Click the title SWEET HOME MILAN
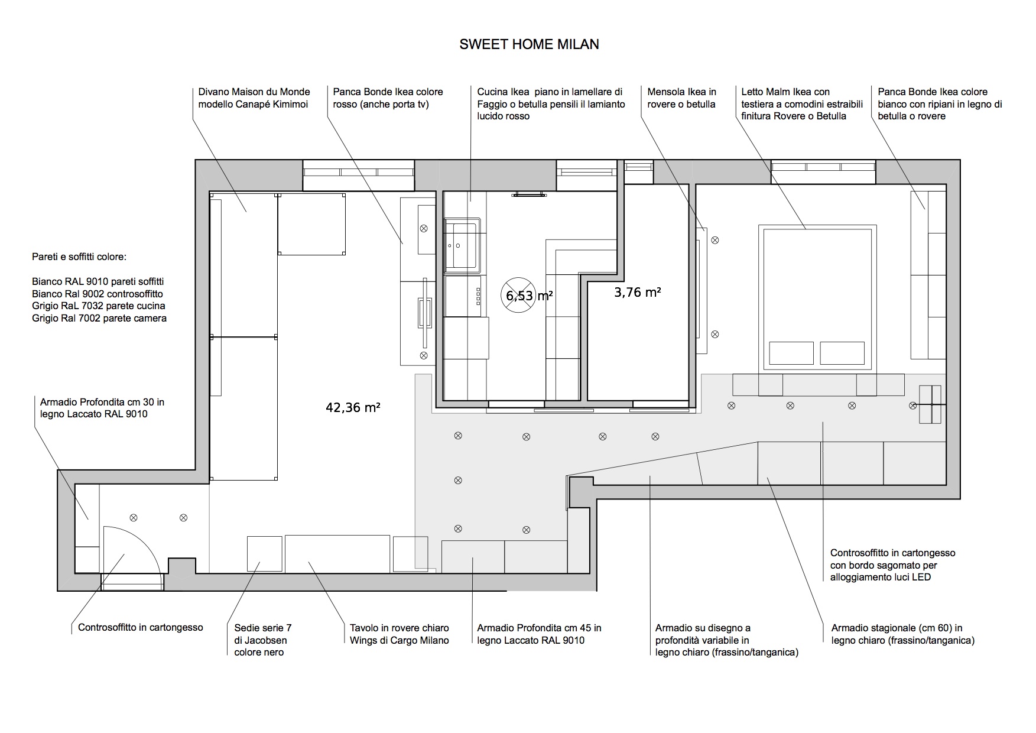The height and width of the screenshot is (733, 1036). (x=529, y=44)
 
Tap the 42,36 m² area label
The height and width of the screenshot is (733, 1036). (x=353, y=407)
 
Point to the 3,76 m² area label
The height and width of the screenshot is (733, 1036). (x=638, y=291)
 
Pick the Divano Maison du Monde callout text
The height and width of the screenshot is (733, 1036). (x=254, y=98)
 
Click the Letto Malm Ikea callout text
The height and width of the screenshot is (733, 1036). (x=802, y=104)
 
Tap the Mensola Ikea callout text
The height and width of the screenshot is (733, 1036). (x=681, y=98)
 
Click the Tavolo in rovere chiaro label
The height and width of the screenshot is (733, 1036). (x=400, y=634)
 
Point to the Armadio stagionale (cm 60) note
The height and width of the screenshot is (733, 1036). (x=903, y=634)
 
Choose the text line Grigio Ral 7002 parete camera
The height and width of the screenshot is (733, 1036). (x=99, y=319)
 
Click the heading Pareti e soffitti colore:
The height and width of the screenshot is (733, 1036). (x=79, y=258)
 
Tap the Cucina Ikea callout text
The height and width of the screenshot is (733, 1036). (x=551, y=104)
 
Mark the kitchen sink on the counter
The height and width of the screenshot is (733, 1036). (x=462, y=245)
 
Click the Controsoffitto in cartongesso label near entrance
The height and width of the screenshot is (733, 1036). (x=141, y=628)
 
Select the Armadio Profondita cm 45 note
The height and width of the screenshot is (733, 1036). (x=539, y=634)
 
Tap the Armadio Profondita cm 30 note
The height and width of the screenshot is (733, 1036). (x=102, y=408)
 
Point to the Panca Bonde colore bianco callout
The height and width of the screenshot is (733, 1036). (x=940, y=104)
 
